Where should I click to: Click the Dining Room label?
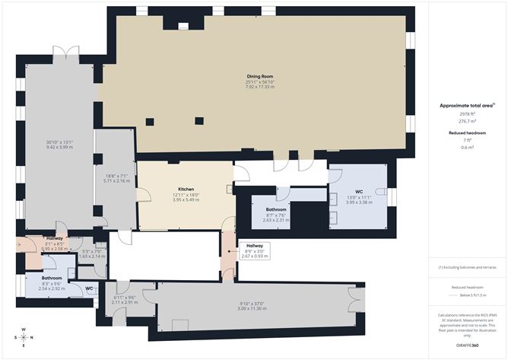click(x=259, y=76)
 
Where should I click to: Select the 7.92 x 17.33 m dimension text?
click(x=259, y=88)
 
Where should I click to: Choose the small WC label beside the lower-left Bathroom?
click(x=89, y=288)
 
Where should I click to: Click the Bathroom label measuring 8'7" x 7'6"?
click(x=276, y=209)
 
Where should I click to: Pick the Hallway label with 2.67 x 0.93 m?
click(x=254, y=245)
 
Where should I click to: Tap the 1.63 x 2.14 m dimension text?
click(x=91, y=256)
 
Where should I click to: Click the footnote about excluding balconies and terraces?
click(x=466, y=267)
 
